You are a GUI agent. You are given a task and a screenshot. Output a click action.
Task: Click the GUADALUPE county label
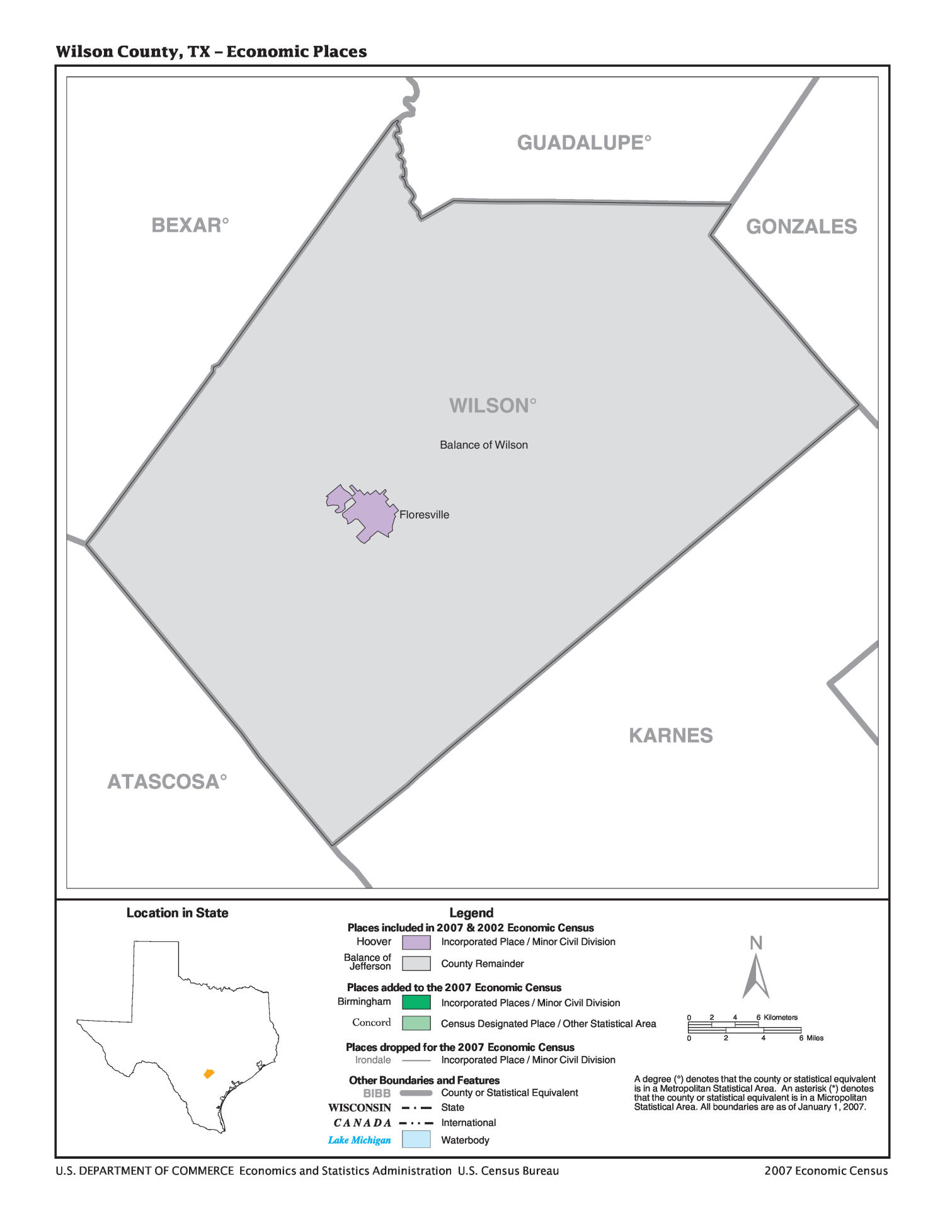tap(583, 143)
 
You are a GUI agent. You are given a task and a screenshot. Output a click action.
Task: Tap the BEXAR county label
tap(189, 225)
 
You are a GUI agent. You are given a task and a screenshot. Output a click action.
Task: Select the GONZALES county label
tap(801, 227)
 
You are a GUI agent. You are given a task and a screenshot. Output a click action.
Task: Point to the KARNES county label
tap(670, 735)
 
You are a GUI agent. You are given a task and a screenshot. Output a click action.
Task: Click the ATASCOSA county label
tap(166, 782)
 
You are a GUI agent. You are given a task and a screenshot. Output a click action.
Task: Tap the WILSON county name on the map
tap(492, 406)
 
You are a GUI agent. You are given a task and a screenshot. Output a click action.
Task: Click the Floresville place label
tap(424, 515)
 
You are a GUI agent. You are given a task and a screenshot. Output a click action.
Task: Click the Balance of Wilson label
tap(483, 445)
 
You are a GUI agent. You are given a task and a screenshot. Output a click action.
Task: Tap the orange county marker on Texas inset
tap(209, 1073)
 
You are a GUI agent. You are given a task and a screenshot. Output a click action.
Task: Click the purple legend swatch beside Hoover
tap(416, 942)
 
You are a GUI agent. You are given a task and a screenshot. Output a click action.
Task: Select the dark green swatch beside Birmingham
tap(416, 1002)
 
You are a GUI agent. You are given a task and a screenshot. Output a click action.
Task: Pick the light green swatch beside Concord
tap(416, 1023)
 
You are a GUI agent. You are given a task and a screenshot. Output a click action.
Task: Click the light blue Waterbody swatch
tap(416, 1139)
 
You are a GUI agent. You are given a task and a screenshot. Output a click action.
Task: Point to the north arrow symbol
tap(755, 975)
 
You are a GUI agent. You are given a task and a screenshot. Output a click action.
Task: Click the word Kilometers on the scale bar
tap(781, 1017)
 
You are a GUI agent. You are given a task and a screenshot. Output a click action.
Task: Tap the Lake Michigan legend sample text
tap(359, 1140)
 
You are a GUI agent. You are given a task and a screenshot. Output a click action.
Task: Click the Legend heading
tap(471, 913)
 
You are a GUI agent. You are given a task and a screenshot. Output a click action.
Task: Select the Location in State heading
tap(177, 913)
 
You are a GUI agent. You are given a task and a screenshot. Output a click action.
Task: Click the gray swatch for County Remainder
tap(416, 963)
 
